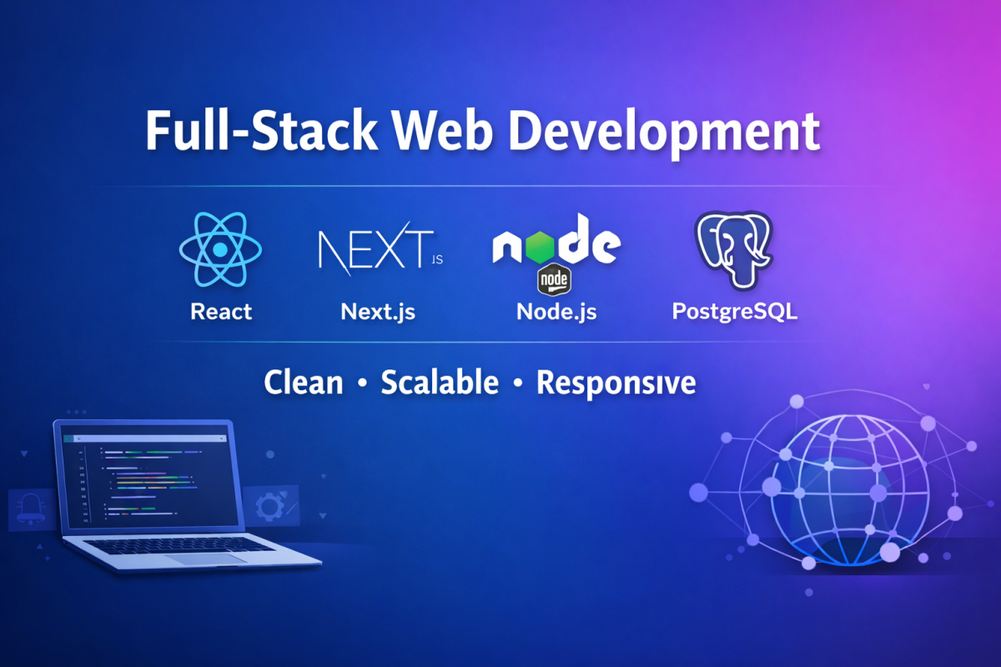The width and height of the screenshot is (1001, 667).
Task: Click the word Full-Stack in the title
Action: click(261, 130)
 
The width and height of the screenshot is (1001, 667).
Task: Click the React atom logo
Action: click(220, 249)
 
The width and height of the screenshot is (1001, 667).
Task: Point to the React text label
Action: click(221, 311)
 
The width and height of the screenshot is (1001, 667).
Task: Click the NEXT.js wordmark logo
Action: click(380, 248)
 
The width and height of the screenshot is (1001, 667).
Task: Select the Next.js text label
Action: click(378, 312)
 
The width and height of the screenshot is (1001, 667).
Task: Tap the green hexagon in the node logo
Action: click(540, 247)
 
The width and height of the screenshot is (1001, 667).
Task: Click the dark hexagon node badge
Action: click(554, 279)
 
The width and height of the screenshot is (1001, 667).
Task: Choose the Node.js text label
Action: click(556, 312)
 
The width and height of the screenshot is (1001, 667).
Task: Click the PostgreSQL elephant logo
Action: click(734, 250)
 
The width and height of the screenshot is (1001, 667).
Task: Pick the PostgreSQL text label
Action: click(735, 312)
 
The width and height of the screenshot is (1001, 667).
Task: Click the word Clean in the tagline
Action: click(304, 383)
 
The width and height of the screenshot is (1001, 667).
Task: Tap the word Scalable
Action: click(440, 383)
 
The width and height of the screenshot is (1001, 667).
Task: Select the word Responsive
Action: click(616, 384)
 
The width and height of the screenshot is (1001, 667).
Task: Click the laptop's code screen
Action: click(150, 479)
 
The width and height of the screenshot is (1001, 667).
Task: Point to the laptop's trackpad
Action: click(207, 559)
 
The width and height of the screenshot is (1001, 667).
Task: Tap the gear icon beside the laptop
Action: click(270, 506)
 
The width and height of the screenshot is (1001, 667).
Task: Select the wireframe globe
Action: click(849, 490)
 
